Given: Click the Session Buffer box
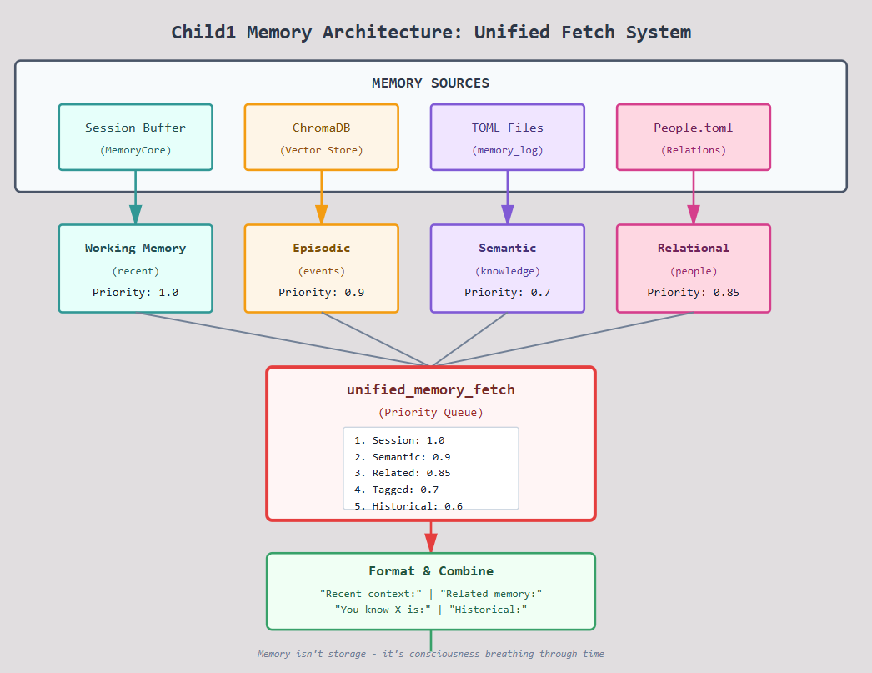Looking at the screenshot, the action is [x=136, y=137].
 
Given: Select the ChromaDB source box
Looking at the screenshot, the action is [x=322, y=137].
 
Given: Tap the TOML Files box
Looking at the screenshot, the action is [x=508, y=137].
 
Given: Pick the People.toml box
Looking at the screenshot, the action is [x=694, y=137].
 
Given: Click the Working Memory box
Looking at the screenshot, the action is [x=136, y=269].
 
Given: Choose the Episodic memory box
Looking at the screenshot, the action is [x=322, y=269].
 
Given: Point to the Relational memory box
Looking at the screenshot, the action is [x=694, y=269].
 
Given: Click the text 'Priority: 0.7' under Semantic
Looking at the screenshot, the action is [x=507, y=293].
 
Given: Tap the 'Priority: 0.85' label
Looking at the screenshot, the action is [x=694, y=293].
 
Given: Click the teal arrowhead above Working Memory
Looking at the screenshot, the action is [x=136, y=214].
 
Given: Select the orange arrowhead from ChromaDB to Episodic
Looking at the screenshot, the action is [x=322, y=214].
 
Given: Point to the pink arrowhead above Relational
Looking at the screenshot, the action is [x=694, y=214].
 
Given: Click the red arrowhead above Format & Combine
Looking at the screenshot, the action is [x=431, y=543].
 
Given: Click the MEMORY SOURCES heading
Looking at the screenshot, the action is [x=430, y=83].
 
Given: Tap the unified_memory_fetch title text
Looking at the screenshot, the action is [x=431, y=390].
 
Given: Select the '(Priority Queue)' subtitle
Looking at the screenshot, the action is [x=431, y=413].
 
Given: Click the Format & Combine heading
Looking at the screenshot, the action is [x=431, y=571].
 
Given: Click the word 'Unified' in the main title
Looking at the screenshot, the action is [x=512, y=33].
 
